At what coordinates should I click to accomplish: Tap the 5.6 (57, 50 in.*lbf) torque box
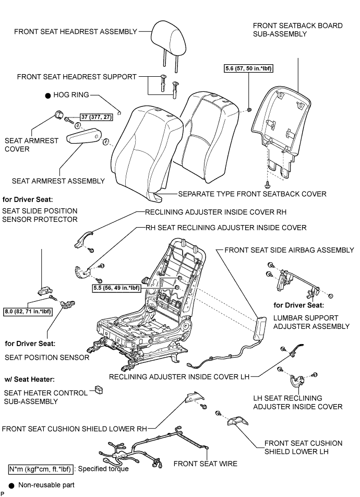pyautogui.click(x=249, y=68)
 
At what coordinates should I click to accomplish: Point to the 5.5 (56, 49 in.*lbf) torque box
pyautogui.click(x=117, y=288)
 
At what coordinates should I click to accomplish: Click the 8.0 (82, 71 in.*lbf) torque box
pyautogui.click(x=28, y=311)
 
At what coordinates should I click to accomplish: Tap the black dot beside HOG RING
pyautogui.click(x=48, y=95)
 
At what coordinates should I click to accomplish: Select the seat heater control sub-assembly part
pyautogui.click(x=99, y=389)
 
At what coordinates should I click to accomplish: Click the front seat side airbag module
pyautogui.click(x=261, y=328)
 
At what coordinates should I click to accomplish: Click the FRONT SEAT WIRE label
pyautogui.click(x=206, y=464)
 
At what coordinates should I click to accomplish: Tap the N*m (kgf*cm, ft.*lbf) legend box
pyautogui.click(x=41, y=469)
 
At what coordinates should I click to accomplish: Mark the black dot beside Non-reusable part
pyautogui.click(x=11, y=486)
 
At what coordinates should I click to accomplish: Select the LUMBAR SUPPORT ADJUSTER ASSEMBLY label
pyautogui.click(x=311, y=322)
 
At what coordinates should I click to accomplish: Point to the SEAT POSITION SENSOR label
pyautogui.click(x=47, y=358)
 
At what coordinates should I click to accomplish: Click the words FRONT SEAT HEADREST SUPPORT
pyautogui.click(x=77, y=77)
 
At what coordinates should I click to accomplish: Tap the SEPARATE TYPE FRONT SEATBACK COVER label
pyautogui.click(x=252, y=194)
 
